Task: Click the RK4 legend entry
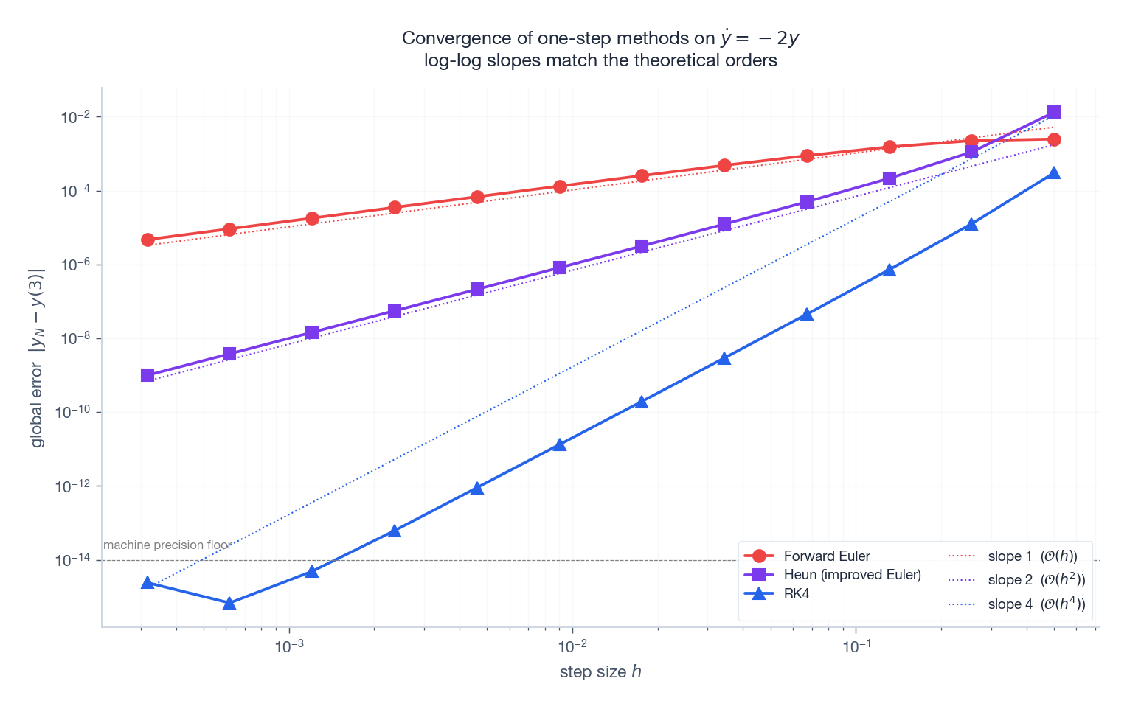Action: (797, 593)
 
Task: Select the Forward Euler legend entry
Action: (826, 556)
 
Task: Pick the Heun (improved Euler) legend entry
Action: (852, 575)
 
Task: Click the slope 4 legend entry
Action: (1036, 604)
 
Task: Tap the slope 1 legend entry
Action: (1032, 556)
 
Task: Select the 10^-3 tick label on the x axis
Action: (289, 646)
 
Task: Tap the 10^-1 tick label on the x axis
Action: (856, 646)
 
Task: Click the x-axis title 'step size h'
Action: (600, 671)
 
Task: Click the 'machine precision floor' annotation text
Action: (167, 545)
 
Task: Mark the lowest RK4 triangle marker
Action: (229, 603)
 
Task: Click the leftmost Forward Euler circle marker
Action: (148, 240)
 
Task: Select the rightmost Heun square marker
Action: (1054, 112)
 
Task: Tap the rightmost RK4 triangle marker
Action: (1054, 173)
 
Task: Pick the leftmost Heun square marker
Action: (148, 375)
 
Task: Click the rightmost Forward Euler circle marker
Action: (1054, 139)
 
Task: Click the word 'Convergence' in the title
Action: (447, 38)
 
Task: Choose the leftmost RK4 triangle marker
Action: (148, 583)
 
